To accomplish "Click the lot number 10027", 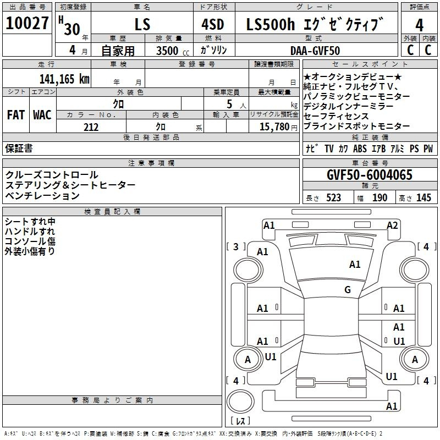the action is tap(27, 23).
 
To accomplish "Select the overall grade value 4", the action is tap(419, 25).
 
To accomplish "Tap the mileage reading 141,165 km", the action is tap(64, 79).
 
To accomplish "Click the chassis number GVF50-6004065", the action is tap(370, 175).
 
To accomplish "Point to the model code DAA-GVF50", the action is tap(315, 51).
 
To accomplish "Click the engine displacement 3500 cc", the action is tap(173, 51).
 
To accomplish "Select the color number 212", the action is tap(91, 127).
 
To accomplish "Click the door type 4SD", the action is tap(213, 24).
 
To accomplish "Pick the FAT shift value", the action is tap(16, 115).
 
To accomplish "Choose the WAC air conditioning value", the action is tap(42, 115).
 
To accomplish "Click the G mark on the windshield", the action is tap(348, 289).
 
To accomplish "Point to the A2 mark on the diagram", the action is tap(392, 226).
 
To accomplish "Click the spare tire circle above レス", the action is tap(240, 402).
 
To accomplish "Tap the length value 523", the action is tap(333, 197).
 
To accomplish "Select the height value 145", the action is tap(424, 197).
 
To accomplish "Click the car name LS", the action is tap(142, 24).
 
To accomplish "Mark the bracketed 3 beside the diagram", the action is tap(236, 246).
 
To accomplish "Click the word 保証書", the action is tap(19, 148).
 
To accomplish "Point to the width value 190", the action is tap(380, 197).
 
